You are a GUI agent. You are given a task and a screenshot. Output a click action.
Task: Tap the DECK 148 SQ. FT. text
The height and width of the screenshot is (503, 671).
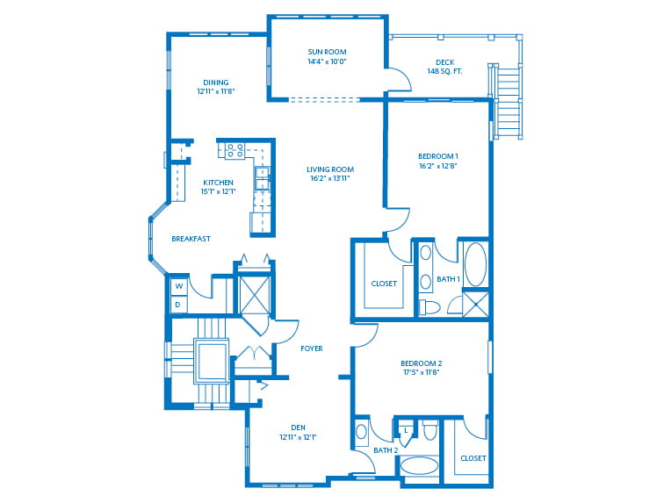tap(444, 67)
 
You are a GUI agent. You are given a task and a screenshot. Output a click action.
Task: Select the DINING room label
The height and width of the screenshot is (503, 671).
tap(215, 87)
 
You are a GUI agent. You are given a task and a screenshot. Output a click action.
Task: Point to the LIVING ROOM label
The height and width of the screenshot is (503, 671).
tap(329, 174)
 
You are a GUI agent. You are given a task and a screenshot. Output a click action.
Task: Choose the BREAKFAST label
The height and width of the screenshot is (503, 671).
tap(191, 239)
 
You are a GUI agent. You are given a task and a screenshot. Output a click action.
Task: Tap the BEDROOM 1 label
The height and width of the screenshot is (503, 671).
tap(438, 161)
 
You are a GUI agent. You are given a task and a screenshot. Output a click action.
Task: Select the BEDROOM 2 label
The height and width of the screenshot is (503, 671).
tap(421, 368)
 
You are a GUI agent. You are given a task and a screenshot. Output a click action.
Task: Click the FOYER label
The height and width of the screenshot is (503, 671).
tap(311, 349)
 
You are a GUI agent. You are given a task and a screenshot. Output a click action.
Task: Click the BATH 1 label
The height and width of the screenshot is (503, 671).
tap(448, 280)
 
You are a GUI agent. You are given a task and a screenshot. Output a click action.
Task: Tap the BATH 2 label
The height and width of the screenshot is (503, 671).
tap(386, 450)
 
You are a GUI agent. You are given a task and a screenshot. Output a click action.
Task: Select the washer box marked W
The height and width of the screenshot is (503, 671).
tap(178, 286)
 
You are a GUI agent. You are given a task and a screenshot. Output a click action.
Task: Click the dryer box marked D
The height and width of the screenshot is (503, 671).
tap(178, 305)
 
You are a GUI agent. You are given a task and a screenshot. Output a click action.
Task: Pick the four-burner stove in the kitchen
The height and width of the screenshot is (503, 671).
tap(234, 150)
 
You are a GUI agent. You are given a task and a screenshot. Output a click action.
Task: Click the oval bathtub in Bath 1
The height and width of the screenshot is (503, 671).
tap(475, 263)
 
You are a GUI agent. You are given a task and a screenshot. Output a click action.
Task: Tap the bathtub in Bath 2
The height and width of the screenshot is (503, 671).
tap(419, 466)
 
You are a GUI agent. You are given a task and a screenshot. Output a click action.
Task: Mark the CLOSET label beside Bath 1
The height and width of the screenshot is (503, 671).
tap(384, 284)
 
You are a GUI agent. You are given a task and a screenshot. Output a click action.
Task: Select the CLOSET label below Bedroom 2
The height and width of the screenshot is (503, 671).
tap(473, 458)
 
